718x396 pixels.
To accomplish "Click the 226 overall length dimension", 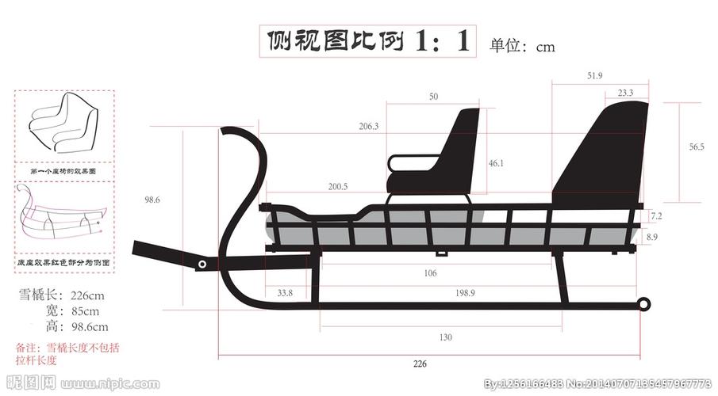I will click(420, 364).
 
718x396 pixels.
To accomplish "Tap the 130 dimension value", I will click(446, 337).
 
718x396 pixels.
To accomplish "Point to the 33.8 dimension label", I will click(285, 293).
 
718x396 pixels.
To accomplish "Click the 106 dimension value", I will click(430, 273).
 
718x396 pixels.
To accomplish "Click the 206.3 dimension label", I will click(368, 126).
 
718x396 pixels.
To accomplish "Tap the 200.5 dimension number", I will click(337, 187).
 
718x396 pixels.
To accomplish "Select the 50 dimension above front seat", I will click(433, 97).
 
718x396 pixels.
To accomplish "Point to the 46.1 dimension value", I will click(496, 163).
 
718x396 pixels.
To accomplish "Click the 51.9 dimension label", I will click(595, 75).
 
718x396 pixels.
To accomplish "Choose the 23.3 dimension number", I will click(625, 93).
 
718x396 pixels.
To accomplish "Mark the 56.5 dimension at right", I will click(696, 147).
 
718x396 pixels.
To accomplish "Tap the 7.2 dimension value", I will click(656, 215).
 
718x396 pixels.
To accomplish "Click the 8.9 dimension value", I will click(652, 236).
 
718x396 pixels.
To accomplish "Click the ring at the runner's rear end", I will click(644, 303).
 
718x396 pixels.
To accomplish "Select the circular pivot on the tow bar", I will click(203, 264).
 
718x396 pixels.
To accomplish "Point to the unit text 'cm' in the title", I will click(545, 47).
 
